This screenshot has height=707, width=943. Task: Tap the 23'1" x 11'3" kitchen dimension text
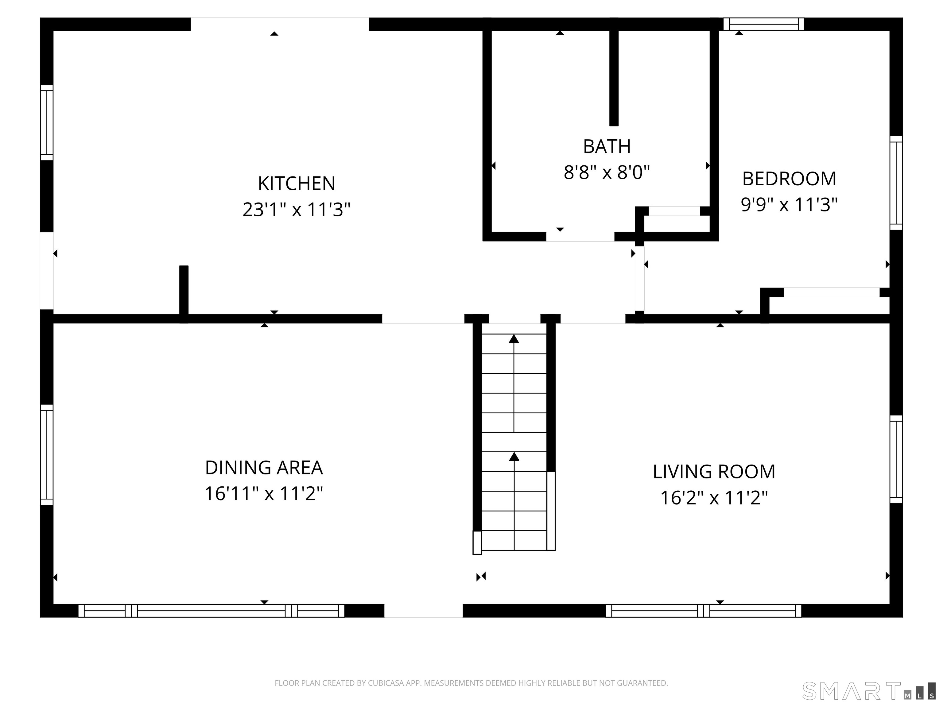(296, 210)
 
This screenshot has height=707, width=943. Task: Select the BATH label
(607, 147)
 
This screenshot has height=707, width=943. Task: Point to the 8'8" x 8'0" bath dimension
(607, 172)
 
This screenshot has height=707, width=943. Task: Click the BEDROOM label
(789, 179)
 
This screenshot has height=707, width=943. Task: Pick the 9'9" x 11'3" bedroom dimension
(789, 205)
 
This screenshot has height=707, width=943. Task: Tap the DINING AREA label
(264, 468)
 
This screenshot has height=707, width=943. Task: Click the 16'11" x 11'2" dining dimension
(264, 494)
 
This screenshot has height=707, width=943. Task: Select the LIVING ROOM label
(714, 472)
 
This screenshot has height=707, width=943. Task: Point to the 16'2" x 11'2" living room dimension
(714, 498)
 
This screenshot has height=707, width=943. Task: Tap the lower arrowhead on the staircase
(514, 457)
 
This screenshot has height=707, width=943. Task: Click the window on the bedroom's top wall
(763, 24)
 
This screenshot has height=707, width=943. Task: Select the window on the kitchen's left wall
(47, 123)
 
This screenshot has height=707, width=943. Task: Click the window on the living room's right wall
(896, 459)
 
